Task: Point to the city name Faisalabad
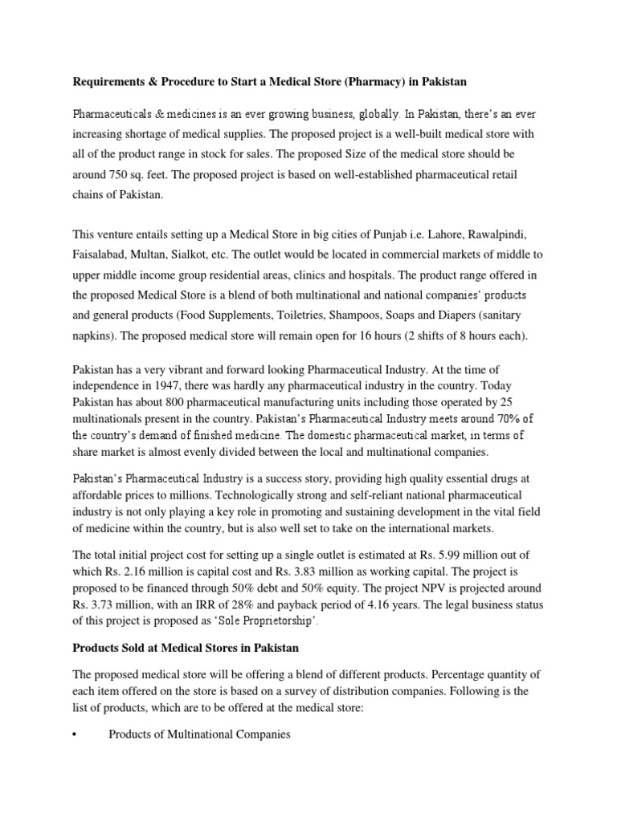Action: (102, 254)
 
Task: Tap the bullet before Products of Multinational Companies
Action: (75, 735)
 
